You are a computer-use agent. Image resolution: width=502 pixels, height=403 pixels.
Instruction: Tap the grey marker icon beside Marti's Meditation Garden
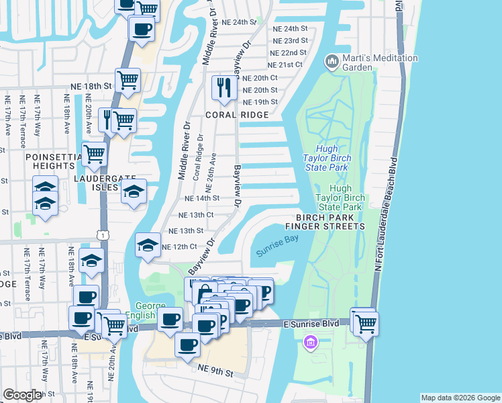(332, 62)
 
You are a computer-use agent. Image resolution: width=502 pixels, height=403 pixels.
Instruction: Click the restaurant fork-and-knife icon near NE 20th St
(223, 87)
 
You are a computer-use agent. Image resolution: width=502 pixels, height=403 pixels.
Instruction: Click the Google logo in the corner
(22, 395)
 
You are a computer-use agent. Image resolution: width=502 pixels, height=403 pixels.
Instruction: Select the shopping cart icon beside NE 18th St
(127, 80)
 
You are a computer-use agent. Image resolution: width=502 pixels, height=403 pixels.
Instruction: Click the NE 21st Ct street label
(286, 65)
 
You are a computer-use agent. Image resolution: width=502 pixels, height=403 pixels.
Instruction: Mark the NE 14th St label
(202, 198)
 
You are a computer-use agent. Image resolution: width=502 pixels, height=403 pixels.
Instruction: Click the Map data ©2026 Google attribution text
(460, 398)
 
